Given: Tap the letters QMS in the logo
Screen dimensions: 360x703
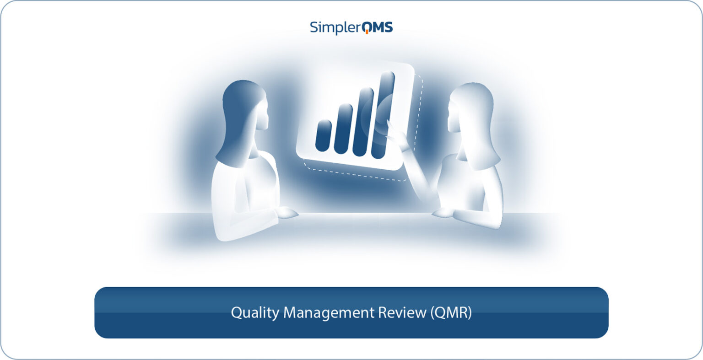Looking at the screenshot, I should point(377,27).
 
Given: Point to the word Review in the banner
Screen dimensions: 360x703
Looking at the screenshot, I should point(402,313).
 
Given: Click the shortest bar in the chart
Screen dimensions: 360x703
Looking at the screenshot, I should point(324,135).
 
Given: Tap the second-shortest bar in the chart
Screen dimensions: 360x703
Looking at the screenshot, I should point(343,129).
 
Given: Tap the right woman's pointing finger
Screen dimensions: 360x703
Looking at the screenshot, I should point(389,124).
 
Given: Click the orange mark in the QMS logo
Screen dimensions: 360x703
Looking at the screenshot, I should point(368,32).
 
